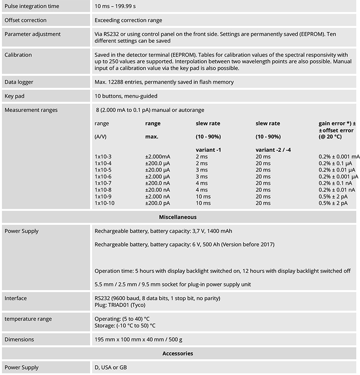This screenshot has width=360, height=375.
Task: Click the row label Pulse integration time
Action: pyautogui.click(x=32, y=6)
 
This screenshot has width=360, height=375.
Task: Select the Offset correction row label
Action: pyautogui.click(x=26, y=20)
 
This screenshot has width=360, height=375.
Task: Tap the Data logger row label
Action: pyautogui.click(x=19, y=82)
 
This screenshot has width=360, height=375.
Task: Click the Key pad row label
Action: pyautogui.click(x=15, y=96)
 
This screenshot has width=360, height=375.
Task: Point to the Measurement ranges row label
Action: pyautogui.click(x=31, y=110)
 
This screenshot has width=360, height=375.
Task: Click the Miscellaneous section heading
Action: pyautogui.click(x=178, y=217)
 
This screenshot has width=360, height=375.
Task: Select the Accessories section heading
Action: pyautogui.click(x=178, y=353)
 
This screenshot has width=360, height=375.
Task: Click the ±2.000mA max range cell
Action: pyautogui.click(x=158, y=156)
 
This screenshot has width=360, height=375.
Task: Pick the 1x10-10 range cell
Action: pyautogui.click(x=105, y=203)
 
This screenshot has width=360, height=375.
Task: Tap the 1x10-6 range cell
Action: pyautogui.click(x=103, y=176)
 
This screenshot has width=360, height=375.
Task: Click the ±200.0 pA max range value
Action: pyautogui.click(x=157, y=203)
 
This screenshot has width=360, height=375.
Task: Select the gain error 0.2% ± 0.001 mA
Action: pyautogui.click(x=339, y=156)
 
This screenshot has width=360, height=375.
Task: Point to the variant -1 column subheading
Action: pyautogui.click(x=208, y=150)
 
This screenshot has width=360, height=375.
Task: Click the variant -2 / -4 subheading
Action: pyautogui.click(x=274, y=150)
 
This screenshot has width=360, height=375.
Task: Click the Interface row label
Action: pyautogui.click(x=15, y=298)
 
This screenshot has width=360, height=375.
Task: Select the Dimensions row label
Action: pyautogui.click(x=19, y=339)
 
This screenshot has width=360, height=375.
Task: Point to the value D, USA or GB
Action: pyautogui.click(x=111, y=367)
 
